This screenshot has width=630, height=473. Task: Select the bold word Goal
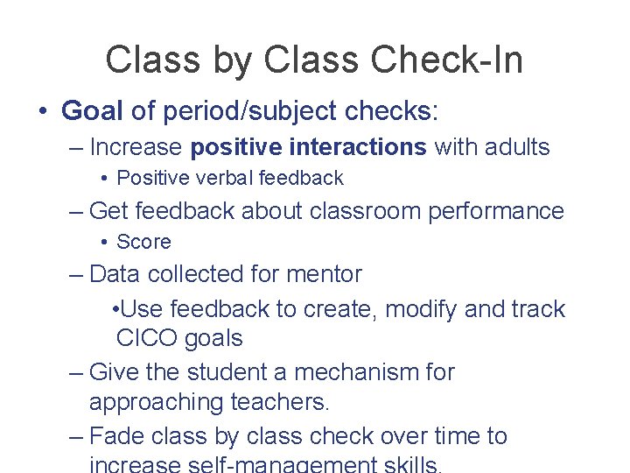click(x=93, y=110)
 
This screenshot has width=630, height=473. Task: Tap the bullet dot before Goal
click(x=43, y=111)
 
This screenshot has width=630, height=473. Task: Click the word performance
click(x=496, y=211)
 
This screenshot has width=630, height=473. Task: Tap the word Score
click(x=143, y=242)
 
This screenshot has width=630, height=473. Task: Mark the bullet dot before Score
click(x=104, y=243)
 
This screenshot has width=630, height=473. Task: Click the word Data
click(x=116, y=274)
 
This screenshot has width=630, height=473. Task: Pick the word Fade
click(x=116, y=436)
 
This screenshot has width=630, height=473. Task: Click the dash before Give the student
click(x=77, y=372)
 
